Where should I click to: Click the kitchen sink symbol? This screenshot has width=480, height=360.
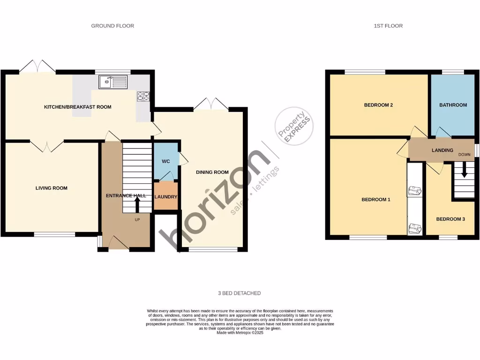pos(113,82)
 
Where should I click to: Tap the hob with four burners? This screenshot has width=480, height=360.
pos(143,96)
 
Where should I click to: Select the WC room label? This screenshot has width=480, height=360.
pos(165,161)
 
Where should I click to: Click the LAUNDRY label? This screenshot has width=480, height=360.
pos(165,196)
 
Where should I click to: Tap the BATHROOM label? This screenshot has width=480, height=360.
pos(453,105)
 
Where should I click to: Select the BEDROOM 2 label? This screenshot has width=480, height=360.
pos(378,105)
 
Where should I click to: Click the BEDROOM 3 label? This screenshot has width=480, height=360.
pos(450,219)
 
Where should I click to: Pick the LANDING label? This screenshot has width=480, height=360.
pos(442,150)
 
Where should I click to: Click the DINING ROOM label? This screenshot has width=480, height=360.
pos(212,172)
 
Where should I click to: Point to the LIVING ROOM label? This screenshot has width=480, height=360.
pos(52,188)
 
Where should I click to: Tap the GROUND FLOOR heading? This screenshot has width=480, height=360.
pos(112,26)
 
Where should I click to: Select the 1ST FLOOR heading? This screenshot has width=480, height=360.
pos(388,26)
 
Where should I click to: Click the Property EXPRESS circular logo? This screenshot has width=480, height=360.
pos(294,127)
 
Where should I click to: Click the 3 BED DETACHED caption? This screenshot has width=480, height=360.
pos(239,293)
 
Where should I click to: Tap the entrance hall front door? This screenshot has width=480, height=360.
pos(119,242)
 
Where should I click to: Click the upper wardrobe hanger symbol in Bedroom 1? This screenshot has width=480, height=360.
pos(414,191)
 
